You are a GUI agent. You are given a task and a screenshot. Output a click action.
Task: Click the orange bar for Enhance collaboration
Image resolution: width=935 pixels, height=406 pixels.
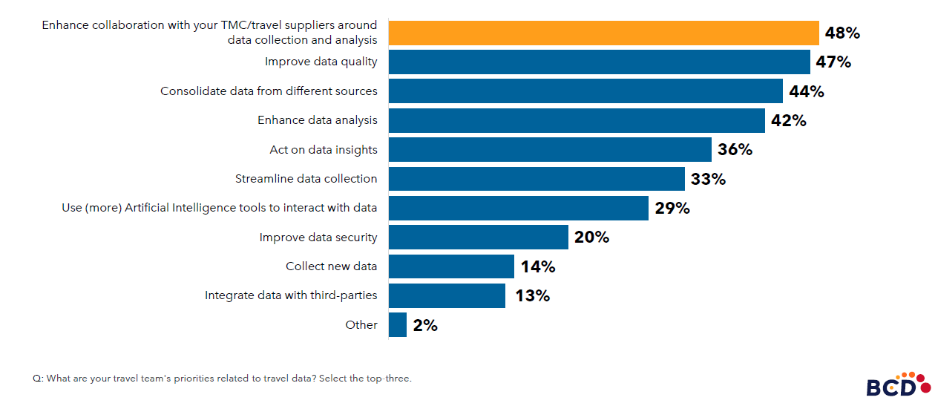[603, 33]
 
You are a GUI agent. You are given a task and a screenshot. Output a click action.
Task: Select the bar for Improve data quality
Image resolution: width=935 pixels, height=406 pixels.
[599, 62]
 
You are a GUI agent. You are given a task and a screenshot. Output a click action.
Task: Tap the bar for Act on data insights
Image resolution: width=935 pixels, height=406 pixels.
[550, 149]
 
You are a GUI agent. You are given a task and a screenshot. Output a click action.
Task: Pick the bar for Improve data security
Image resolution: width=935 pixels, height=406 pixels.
[478, 237]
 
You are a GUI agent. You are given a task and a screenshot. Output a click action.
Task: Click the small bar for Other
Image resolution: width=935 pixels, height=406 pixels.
[398, 324]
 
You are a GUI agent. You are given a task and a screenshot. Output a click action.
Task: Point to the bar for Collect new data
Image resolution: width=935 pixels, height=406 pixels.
[451, 266]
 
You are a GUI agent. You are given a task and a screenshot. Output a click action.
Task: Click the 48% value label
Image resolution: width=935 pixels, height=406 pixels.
[842, 33]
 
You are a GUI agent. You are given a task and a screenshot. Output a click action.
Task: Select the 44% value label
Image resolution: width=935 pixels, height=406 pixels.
[807, 91]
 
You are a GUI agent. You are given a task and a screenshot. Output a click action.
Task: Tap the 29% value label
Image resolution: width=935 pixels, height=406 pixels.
[672, 208]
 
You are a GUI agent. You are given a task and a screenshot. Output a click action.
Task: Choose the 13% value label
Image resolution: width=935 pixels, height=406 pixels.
[532, 295]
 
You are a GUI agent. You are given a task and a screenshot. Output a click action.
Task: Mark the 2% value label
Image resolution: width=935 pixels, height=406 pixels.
[425, 325]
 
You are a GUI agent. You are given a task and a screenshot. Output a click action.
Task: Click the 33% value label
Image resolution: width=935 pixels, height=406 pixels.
[708, 179]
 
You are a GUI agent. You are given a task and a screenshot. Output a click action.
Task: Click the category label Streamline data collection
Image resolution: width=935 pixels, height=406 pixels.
[306, 179]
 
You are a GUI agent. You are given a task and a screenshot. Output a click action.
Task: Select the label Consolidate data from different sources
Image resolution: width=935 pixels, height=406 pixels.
[269, 91]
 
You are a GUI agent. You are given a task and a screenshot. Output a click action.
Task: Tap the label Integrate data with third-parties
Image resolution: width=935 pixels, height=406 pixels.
[291, 295]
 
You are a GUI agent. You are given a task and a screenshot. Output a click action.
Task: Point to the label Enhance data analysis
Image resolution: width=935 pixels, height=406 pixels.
[317, 120]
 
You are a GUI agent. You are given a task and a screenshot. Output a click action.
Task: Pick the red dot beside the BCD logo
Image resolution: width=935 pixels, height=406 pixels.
[925, 387]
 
